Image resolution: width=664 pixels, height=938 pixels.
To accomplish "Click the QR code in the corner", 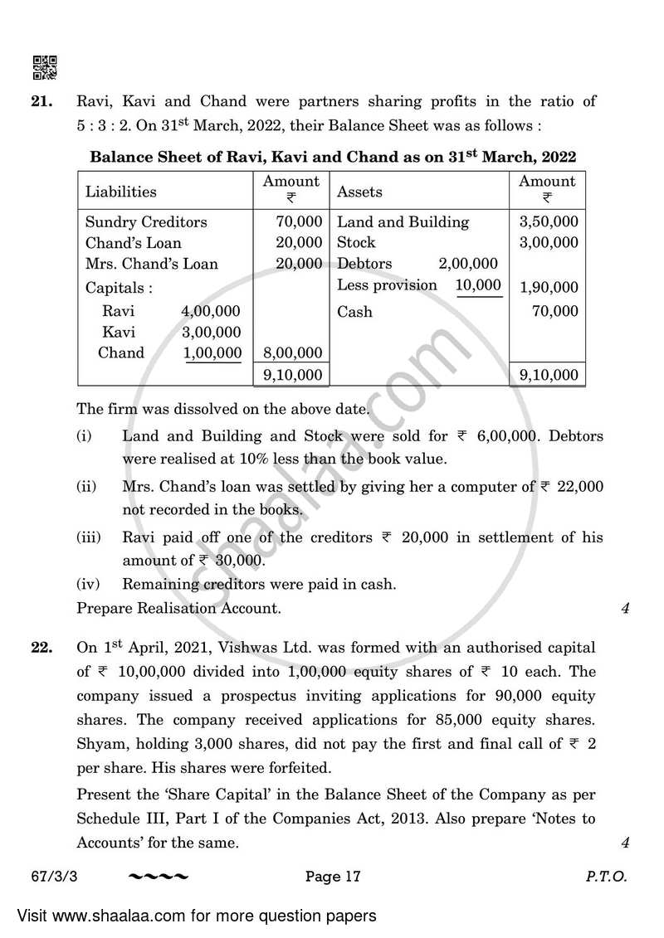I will click(45, 67).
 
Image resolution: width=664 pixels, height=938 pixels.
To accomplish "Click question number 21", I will click(43, 102).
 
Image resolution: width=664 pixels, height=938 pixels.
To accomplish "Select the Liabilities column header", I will click(120, 192).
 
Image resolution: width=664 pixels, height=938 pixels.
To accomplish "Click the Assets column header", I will click(359, 192).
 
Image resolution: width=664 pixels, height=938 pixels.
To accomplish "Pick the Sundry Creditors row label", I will click(146, 222).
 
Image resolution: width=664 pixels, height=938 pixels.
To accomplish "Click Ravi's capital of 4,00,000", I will click(210, 312).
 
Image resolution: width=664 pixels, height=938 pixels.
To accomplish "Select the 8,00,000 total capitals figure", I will click(292, 353).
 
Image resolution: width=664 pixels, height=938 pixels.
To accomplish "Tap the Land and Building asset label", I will click(403, 222).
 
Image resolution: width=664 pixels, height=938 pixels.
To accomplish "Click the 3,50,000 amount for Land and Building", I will click(549, 222).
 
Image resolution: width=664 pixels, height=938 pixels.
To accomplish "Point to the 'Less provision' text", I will click(387, 285).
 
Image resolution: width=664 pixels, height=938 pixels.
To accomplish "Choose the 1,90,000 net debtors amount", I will click(549, 289).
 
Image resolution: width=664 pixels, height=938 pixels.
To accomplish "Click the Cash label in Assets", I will click(354, 312).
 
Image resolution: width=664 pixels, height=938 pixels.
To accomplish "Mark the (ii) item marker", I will click(87, 488).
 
